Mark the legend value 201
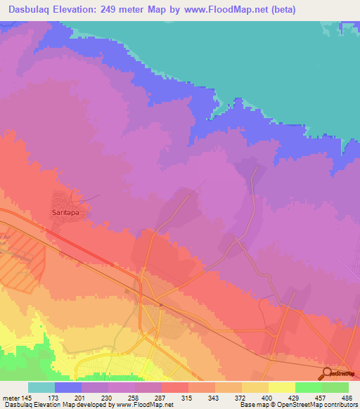pos(82,398)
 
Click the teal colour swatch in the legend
pos(41,387)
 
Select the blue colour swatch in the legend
pos(67,387)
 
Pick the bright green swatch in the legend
pos(308,387)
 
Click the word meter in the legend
pos(13,398)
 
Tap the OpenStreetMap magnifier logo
pos(327,373)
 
